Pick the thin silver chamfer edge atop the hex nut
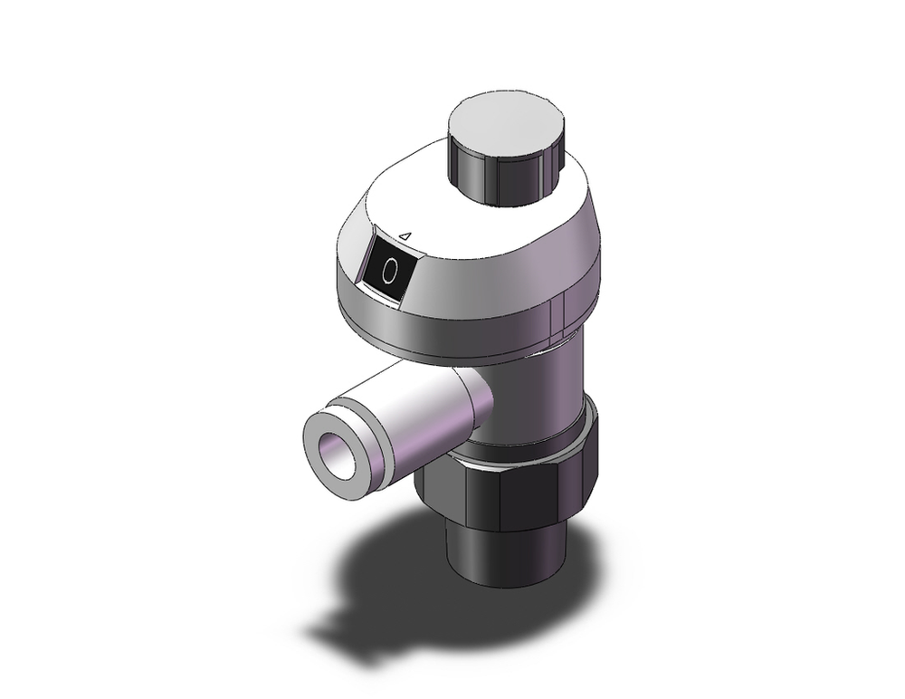[x=507, y=459]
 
